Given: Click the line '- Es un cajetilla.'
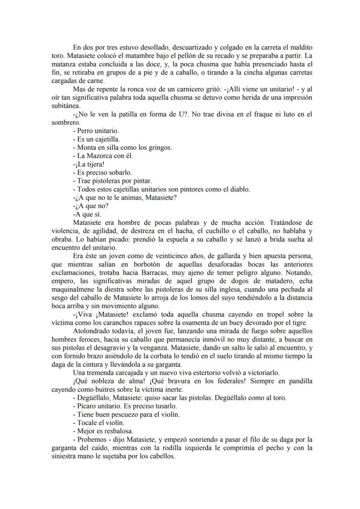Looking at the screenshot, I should [x=96, y=139].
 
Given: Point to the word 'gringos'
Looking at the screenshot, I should [x=160, y=147].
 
